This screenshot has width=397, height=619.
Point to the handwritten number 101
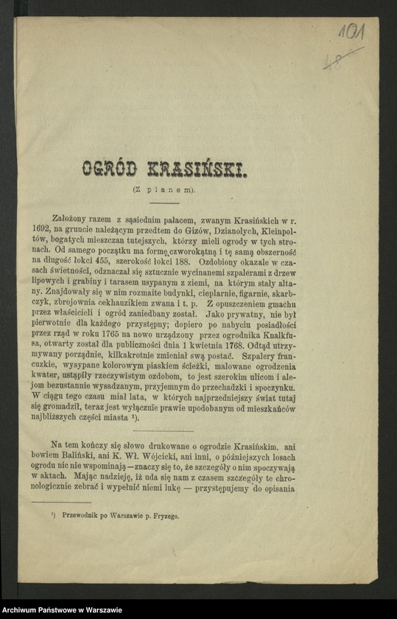[352, 32]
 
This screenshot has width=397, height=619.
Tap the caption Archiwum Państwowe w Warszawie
[62, 609]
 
